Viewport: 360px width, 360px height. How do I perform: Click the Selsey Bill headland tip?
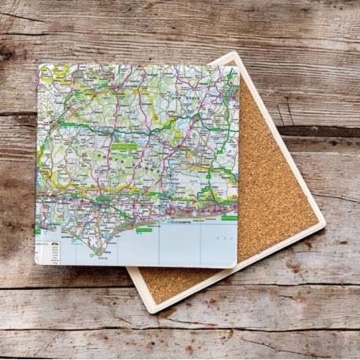97,253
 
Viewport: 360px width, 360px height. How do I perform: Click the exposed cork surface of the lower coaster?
275,189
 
